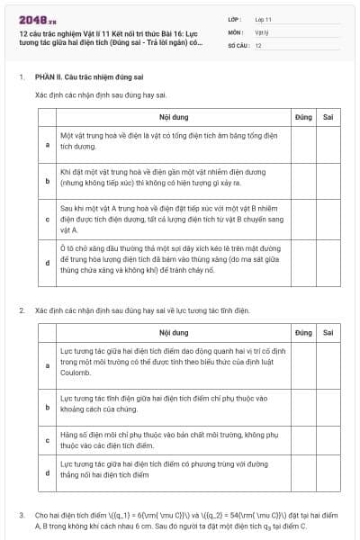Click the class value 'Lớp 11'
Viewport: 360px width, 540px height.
tap(264, 19)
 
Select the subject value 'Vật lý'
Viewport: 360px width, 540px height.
tap(262, 31)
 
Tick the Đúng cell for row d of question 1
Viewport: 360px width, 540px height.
tap(302, 262)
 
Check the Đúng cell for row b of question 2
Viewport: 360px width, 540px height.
tap(302, 402)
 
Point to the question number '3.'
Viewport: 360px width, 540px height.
tap(22, 515)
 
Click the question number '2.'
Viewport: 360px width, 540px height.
tap(22, 310)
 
